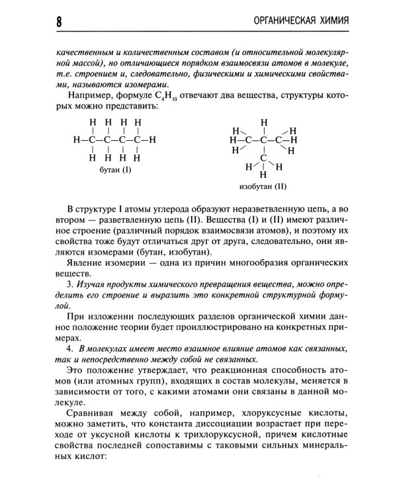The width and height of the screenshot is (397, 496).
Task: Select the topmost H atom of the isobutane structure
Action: tap(264, 122)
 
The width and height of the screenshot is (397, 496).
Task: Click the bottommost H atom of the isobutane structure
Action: tap(263, 175)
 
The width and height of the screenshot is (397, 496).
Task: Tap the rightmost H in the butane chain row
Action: tap(152, 140)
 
